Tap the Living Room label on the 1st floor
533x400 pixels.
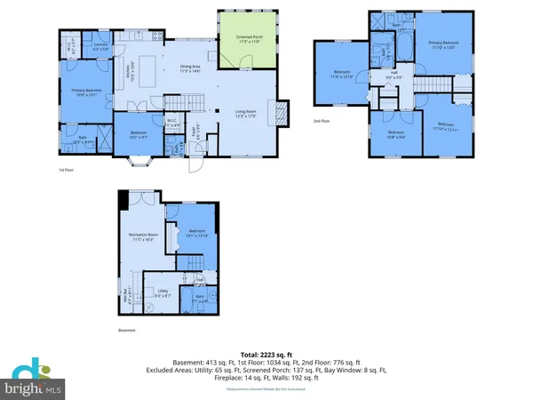pyautogui.click(x=259, y=112)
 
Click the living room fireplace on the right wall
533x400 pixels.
pyautogui.click(x=281, y=112)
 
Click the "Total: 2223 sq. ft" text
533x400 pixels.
pyautogui.click(x=266, y=353)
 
